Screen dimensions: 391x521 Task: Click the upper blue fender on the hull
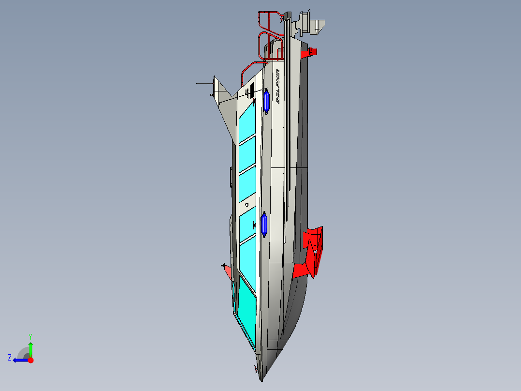click(x=266, y=102)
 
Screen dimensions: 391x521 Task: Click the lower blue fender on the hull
click(x=264, y=225)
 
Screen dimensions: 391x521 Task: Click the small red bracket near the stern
click(x=309, y=52)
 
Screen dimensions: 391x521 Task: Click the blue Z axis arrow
click(x=19, y=360)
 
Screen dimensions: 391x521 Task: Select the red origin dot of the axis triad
click(x=30, y=360)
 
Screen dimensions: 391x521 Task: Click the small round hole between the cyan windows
click(x=246, y=205)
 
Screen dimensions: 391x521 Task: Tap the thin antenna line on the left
click(x=204, y=84)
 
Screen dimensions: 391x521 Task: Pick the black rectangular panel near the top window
click(x=252, y=89)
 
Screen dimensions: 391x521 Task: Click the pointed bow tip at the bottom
click(x=262, y=380)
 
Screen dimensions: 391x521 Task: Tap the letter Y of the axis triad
click(x=30, y=335)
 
